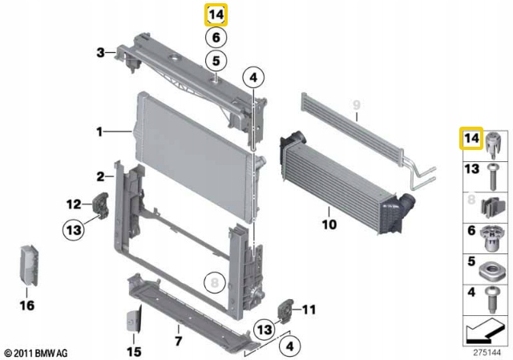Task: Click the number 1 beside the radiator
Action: point(99,131)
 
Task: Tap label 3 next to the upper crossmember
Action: point(100,54)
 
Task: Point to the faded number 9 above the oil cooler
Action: point(357,103)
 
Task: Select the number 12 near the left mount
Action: point(73,203)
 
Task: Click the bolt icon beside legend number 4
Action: point(491,297)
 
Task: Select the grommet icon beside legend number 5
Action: point(491,265)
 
